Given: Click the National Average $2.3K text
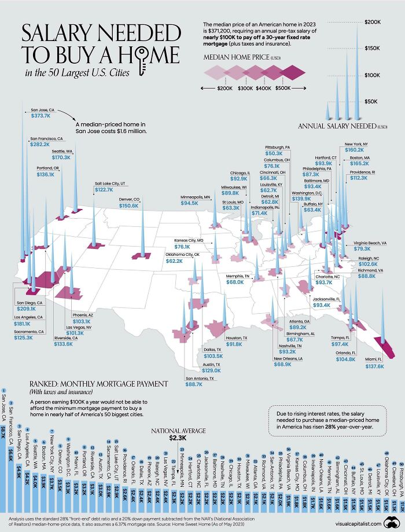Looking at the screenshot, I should tap(178, 434).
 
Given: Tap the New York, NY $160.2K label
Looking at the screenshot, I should tap(358, 146).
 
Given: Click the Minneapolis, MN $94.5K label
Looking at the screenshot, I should tap(194, 200).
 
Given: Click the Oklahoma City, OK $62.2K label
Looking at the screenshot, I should tap(182, 258).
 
